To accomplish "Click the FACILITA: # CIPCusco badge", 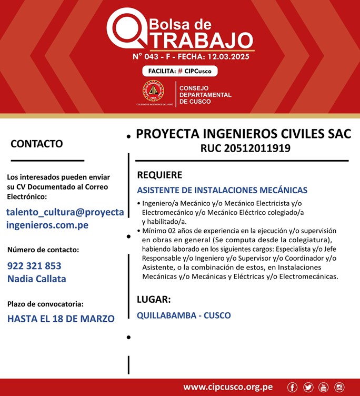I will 179,71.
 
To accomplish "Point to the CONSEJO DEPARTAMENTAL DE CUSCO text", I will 205,95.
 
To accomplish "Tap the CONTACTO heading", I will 37,144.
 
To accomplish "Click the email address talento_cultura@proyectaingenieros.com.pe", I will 65,219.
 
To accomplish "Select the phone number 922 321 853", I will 34,266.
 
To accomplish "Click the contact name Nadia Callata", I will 37,279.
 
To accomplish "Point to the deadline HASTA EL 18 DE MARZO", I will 61,318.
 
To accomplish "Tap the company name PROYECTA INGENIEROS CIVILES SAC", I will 243,134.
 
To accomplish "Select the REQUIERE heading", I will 159,175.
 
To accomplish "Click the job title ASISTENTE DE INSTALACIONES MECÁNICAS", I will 222,190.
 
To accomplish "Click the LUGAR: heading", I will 154,300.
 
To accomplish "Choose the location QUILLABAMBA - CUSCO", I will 184,315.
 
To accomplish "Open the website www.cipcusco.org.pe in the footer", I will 228,387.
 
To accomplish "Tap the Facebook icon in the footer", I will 292,388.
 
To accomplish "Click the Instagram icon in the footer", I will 339,388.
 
